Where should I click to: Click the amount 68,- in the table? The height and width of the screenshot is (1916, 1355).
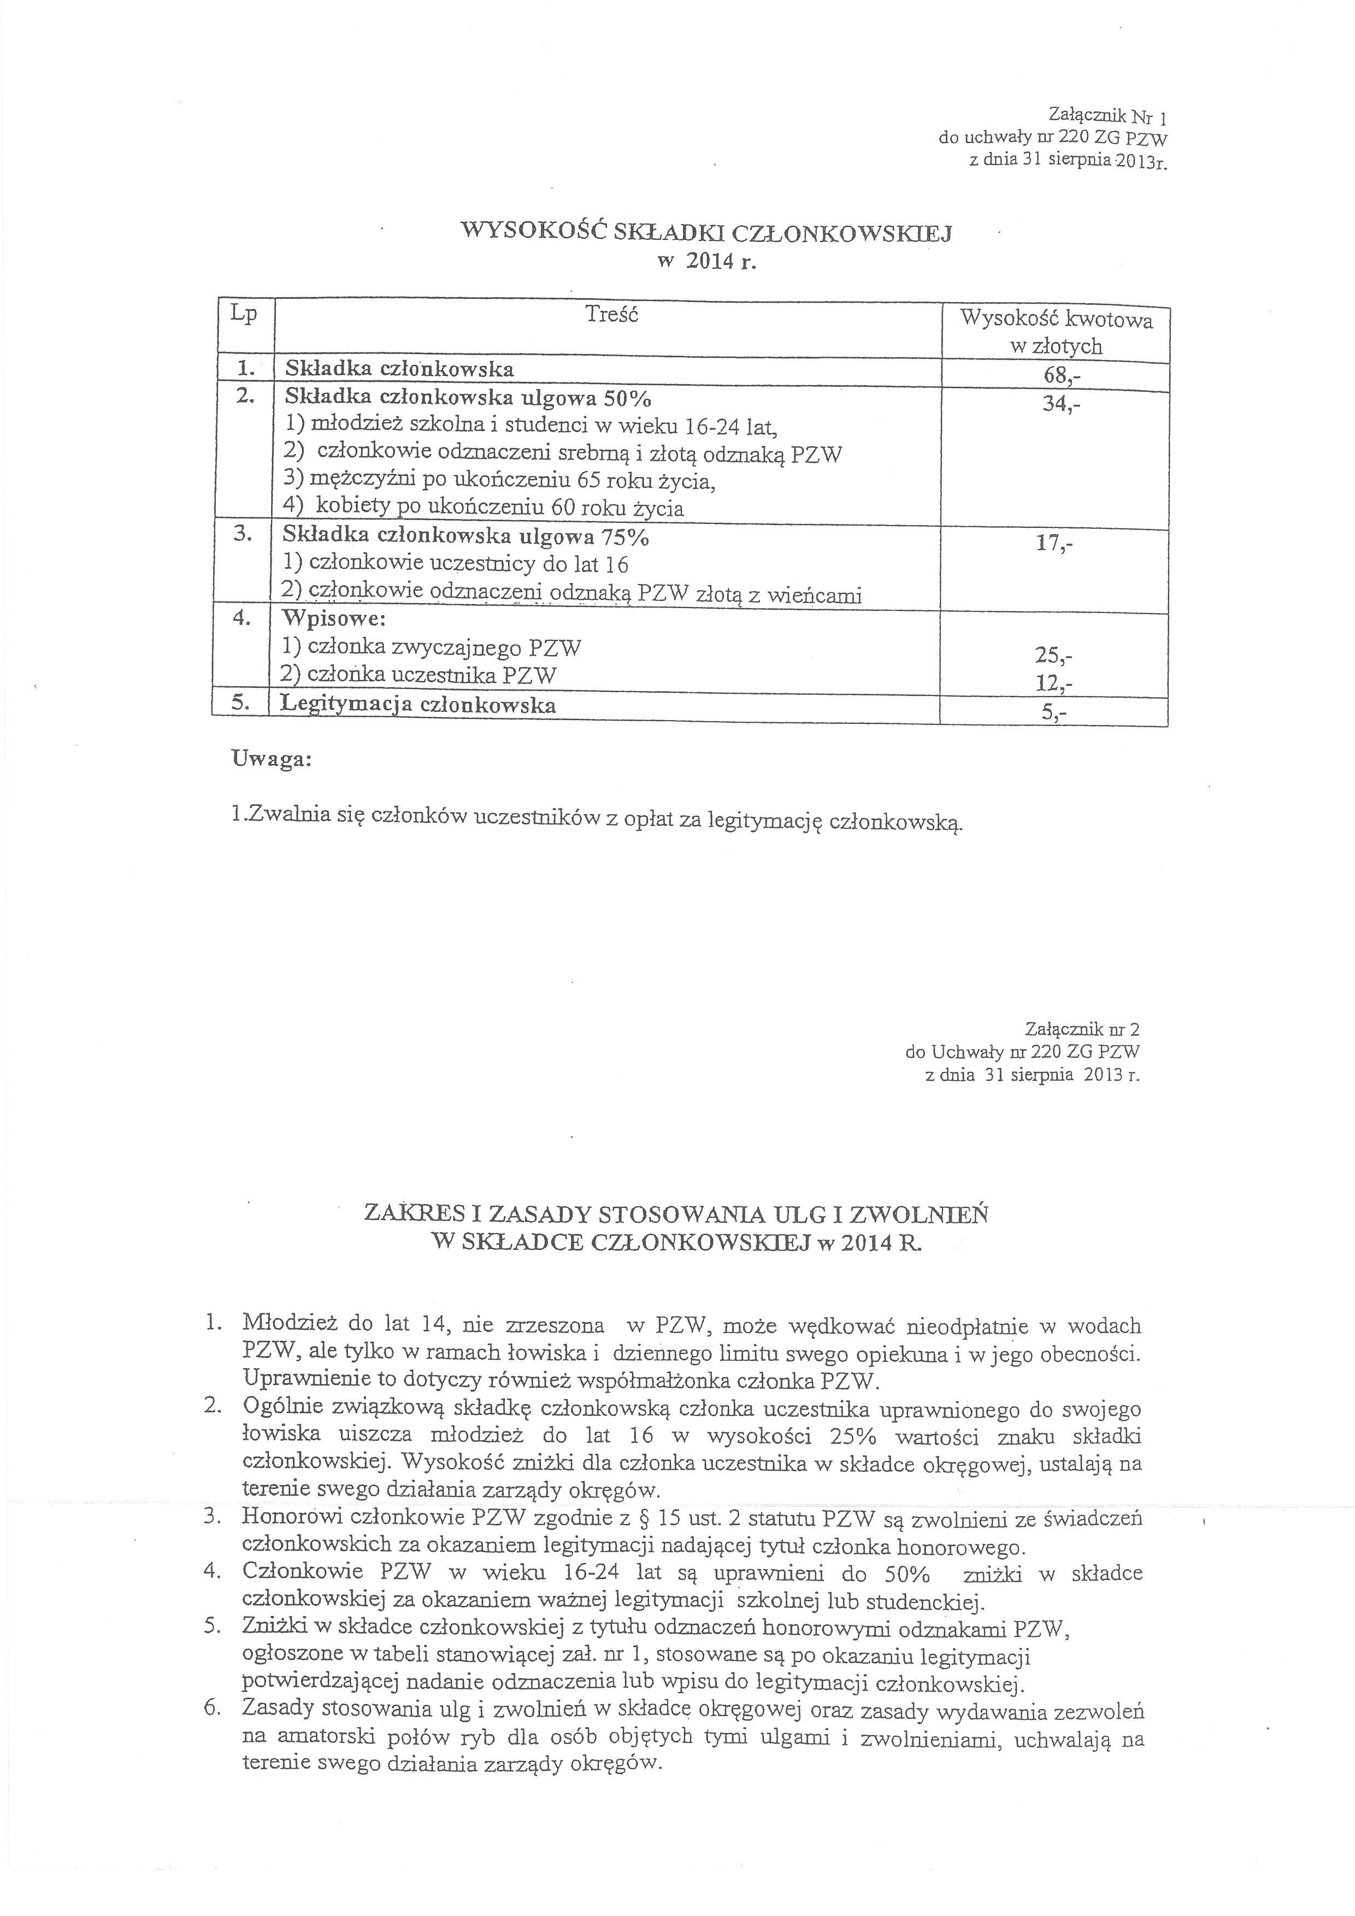1061,375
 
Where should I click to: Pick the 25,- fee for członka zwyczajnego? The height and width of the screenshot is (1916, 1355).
1053,656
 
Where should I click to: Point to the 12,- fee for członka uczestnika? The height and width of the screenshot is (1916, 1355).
1053,684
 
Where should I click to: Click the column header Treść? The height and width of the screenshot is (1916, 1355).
611,315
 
